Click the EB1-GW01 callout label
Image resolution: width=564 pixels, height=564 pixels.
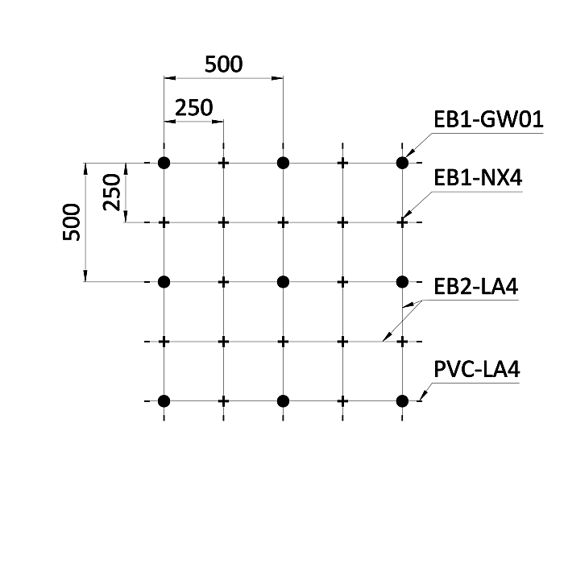(x=488, y=120)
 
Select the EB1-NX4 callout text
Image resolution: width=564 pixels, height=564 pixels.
(x=478, y=178)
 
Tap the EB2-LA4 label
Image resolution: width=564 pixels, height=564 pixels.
(x=476, y=287)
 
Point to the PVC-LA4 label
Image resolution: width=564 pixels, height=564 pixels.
(x=477, y=369)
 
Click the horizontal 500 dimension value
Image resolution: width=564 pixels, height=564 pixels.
(x=224, y=64)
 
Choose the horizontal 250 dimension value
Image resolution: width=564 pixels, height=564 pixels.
(x=194, y=107)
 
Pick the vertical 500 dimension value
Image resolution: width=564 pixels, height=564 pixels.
(x=72, y=222)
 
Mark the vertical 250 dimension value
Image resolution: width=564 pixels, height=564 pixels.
(x=111, y=192)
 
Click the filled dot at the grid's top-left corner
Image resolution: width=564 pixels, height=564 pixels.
(x=164, y=163)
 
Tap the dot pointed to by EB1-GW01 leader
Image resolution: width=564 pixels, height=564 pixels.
(x=402, y=163)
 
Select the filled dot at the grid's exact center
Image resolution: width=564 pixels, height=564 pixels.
(x=283, y=282)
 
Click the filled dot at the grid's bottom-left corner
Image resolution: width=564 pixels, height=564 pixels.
(x=164, y=401)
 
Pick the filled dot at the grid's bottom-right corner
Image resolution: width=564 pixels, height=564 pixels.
(x=402, y=401)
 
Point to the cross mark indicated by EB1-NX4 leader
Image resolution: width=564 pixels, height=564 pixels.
(x=402, y=222)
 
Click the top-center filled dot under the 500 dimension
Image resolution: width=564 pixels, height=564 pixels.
(x=283, y=163)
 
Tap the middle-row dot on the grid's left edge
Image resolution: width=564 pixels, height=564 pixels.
(x=164, y=282)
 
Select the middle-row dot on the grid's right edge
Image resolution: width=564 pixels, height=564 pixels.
(x=402, y=282)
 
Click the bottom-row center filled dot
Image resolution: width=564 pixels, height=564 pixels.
(x=283, y=401)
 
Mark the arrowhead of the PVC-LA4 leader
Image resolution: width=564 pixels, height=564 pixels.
(x=423, y=396)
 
